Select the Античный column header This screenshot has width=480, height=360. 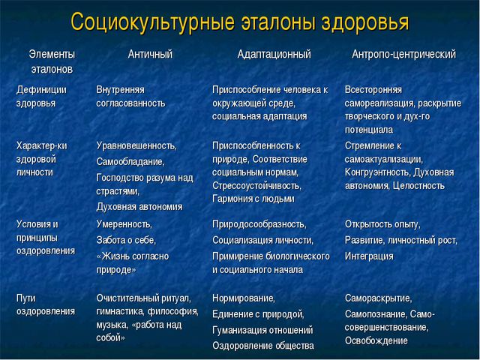click(x=149, y=55)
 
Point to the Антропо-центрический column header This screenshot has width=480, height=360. click(x=404, y=55)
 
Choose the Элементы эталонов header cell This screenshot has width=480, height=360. click(x=52, y=61)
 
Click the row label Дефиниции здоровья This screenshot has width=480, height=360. click(x=41, y=96)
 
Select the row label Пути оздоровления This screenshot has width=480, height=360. click(x=45, y=305)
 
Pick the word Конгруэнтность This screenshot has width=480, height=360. click(x=379, y=172)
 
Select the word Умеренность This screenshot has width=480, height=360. click(x=124, y=224)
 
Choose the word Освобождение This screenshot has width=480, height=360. click(x=376, y=340)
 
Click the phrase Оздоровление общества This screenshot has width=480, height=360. click(x=262, y=345)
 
